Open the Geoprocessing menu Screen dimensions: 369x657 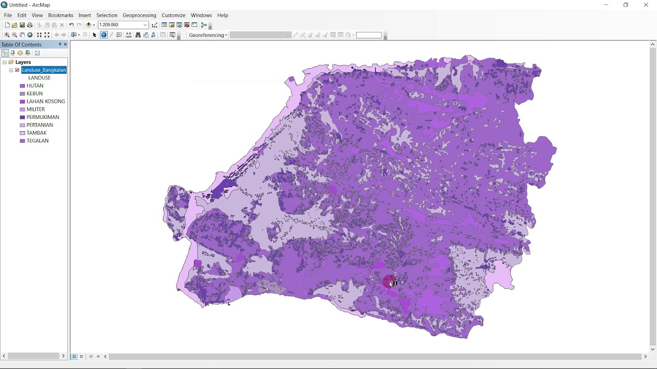pos(139,15)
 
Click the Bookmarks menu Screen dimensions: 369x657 pos(61,15)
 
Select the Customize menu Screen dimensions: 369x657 pos(173,15)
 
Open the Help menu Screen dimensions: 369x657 pos(222,15)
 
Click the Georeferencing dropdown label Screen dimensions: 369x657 pos(207,35)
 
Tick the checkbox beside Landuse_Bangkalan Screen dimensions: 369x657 pos(17,70)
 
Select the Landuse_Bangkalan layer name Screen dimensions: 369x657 pos(44,70)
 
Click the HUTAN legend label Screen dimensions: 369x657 pos(35,86)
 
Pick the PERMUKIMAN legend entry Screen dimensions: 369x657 pos(43,117)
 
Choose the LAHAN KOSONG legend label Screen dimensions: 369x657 pos(46,101)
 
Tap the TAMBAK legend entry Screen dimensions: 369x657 pos(36,133)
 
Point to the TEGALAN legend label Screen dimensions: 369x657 pos(37,141)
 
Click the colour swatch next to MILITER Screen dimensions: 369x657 pos(23,110)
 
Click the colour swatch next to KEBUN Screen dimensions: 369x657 pos(23,94)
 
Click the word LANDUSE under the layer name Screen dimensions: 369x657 pos(40,78)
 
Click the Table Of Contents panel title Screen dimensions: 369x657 pos(22,45)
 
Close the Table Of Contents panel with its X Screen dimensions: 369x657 pos(65,45)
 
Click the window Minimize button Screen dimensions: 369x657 pos(606,5)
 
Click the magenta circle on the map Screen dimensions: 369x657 pos(389,281)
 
